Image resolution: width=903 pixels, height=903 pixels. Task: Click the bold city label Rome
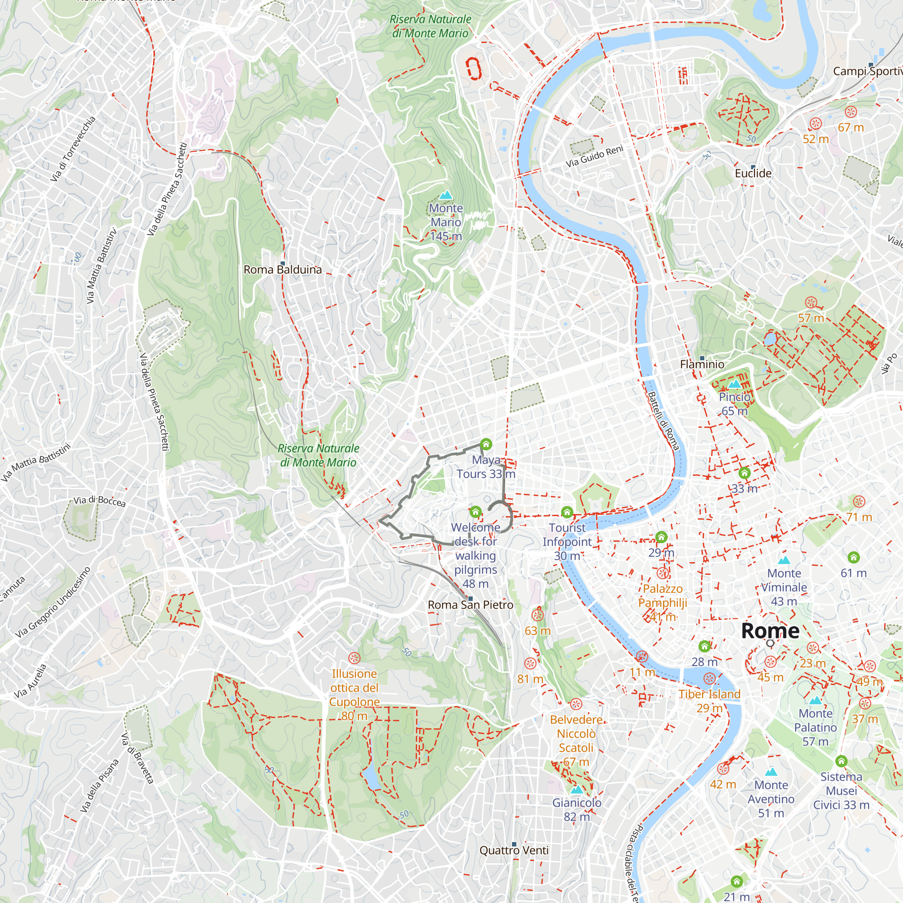click(x=770, y=631)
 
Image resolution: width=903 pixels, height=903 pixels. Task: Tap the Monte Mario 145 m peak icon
click(x=446, y=195)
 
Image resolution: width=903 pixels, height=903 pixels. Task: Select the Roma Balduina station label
click(x=283, y=270)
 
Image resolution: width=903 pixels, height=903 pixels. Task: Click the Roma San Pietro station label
click(x=470, y=605)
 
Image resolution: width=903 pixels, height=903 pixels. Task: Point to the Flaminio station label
click(x=702, y=364)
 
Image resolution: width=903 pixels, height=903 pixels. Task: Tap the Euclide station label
click(x=753, y=173)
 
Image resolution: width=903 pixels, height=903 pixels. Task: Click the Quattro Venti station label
click(x=514, y=850)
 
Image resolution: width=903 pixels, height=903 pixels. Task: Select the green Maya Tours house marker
click(x=486, y=443)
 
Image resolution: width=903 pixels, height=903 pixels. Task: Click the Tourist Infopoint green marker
click(x=567, y=512)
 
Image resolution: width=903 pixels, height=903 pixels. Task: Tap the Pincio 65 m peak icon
click(x=734, y=384)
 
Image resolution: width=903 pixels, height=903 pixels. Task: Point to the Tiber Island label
click(x=709, y=694)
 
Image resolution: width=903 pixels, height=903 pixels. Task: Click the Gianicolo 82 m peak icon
click(x=577, y=790)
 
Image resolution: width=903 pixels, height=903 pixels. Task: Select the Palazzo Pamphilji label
click(x=663, y=596)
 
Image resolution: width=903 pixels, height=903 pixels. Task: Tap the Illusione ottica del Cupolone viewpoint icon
click(x=354, y=658)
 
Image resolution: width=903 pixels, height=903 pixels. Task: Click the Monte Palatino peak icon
click(x=815, y=701)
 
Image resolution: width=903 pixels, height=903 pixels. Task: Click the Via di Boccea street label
click(x=99, y=501)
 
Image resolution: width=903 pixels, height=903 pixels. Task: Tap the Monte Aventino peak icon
click(x=771, y=772)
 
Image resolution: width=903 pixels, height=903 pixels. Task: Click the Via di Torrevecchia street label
click(x=72, y=149)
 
